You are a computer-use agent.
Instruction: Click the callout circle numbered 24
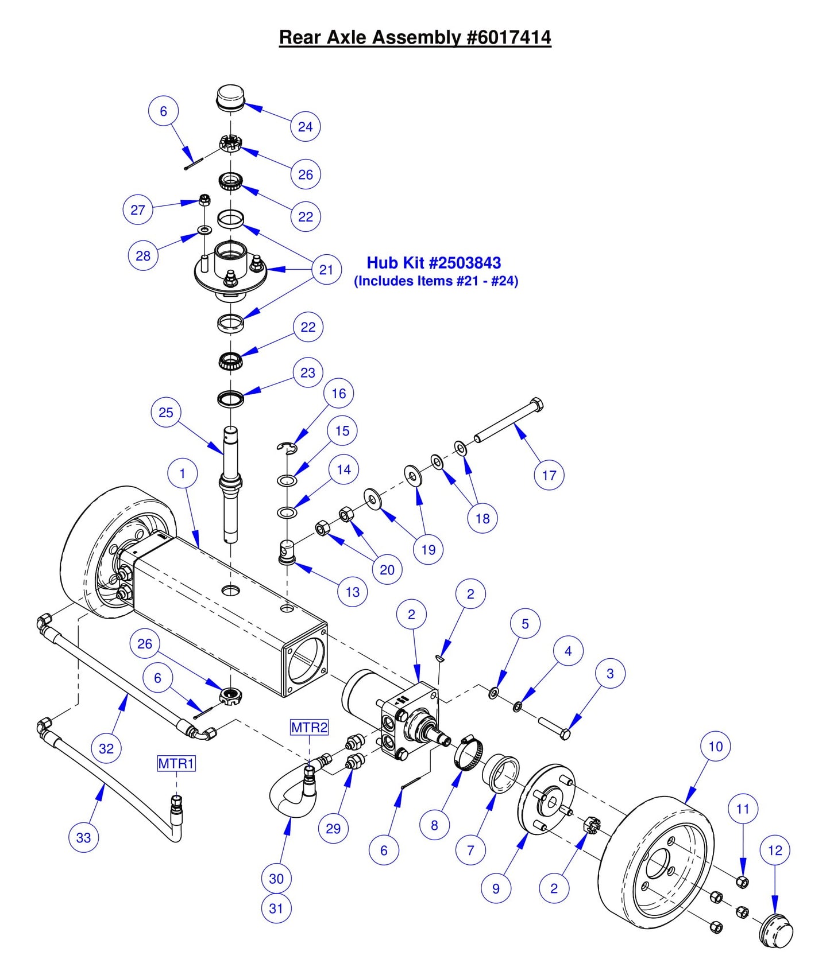(305, 127)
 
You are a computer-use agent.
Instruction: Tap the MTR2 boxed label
(309, 728)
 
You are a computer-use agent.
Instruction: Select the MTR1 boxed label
(176, 763)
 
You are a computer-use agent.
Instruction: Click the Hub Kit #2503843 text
(434, 263)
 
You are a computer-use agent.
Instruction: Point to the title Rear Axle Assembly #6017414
(415, 37)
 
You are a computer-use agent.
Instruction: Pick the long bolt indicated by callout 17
(508, 421)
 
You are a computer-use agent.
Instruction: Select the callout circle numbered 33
(84, 837)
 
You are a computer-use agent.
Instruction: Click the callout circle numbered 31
(276, 908)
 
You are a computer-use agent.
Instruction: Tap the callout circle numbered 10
(715, 747)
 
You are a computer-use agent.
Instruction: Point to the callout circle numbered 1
(183, 474)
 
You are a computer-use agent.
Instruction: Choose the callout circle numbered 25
(166, 413)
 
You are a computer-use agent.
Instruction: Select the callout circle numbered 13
(352, 592)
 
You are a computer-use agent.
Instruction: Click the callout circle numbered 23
(308, 373)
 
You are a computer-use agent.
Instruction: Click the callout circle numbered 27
(138, 209)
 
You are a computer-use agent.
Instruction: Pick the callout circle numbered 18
(482, 518)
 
